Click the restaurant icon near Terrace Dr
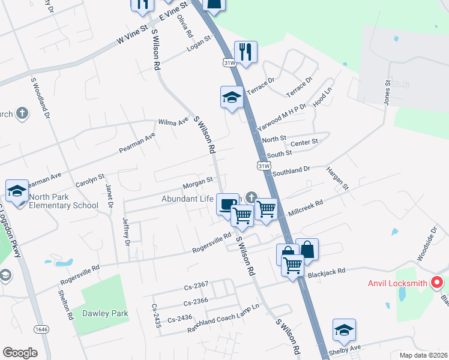click(x=246, y=52)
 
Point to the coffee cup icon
click(x=227, y=204)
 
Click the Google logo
click(x=20, y=353)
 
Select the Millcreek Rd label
click(x=306, y=208)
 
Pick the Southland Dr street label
click(x=291, y=171)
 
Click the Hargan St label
click(x=337, y=178)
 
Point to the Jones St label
click(x=387, y=91)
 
